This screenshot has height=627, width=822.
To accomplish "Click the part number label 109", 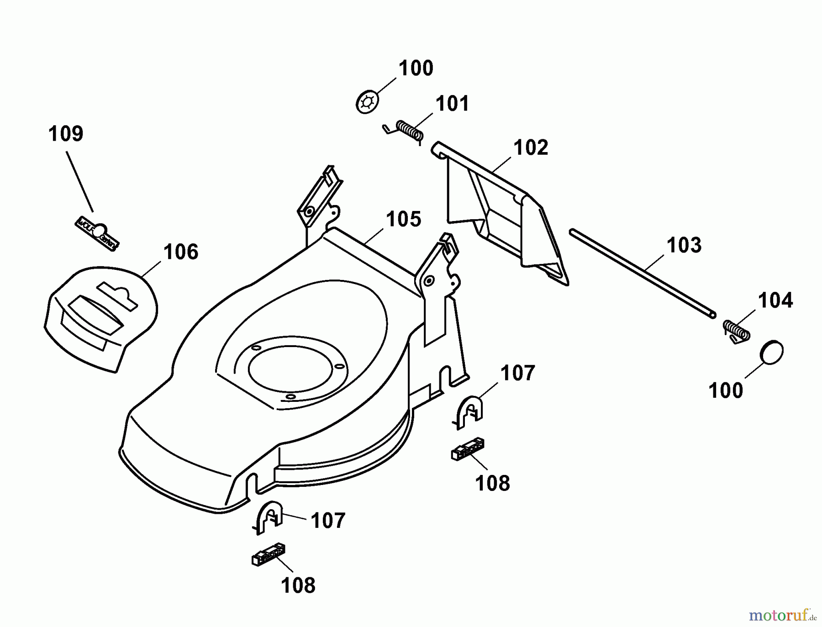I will click(66, 134).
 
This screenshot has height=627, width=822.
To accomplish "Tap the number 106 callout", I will click(181, 252).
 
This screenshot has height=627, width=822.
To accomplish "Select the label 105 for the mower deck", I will click(404, 219).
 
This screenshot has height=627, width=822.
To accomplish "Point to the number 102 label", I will click(531, 148).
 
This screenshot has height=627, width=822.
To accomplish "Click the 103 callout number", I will click(684, 245).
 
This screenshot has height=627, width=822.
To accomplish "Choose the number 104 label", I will click(775, 300).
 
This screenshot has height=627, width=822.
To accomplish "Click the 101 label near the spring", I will click(452, 104).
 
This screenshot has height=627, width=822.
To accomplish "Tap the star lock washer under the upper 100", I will click(367, 102).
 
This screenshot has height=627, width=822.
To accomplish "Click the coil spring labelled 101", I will click(407, 131).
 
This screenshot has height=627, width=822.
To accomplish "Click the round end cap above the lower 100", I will click(772, 352).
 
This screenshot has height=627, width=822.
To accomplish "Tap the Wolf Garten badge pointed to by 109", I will click(97, 233).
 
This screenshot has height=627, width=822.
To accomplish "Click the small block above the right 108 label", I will click(468, 449).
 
